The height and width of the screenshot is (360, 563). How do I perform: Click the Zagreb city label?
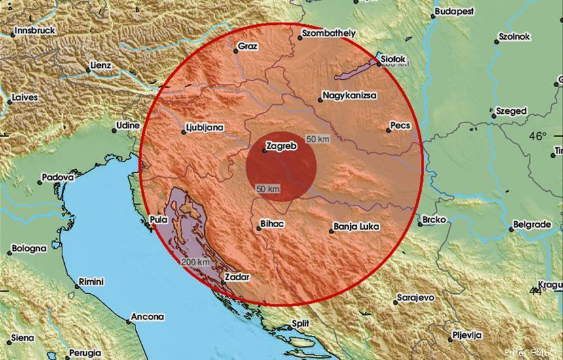click(x=283, y=147)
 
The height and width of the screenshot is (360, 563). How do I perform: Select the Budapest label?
click(x=454, y=12)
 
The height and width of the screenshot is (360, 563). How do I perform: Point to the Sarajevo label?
click(x=416, y=298)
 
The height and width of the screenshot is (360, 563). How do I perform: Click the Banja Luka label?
click(x=356, y=228)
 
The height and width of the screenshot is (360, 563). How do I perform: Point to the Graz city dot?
click(x=236, y=50)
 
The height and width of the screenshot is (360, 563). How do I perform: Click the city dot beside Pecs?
click(x=388, y=130)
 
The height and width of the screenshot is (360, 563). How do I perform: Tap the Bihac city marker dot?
click(x=255, y=228)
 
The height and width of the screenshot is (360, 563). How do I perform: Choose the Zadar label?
click(x=237, y=278)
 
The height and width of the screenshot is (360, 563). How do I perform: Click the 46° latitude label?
click(x=537, y=136)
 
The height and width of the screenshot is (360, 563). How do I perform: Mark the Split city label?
click(x=300, y=323)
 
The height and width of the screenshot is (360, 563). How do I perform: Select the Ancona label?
click(x=147, y=317)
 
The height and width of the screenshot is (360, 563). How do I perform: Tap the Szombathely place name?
click(x=329, y=33)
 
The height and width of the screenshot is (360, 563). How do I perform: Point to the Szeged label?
click(x=511, y=111)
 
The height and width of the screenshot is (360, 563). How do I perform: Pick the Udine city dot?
click(x=114, y=130)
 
